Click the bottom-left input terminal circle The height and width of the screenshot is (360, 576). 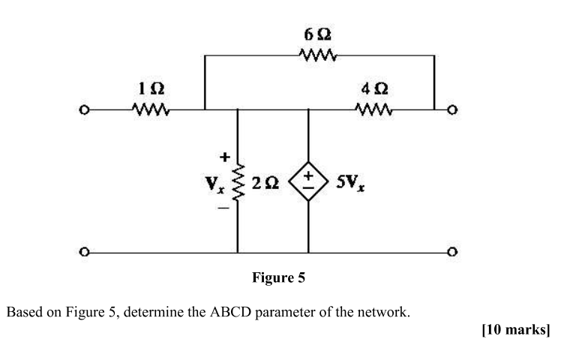pos(86,252)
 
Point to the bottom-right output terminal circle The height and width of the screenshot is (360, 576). pos(451,252)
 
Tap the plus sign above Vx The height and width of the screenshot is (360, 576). pos(222,158)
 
